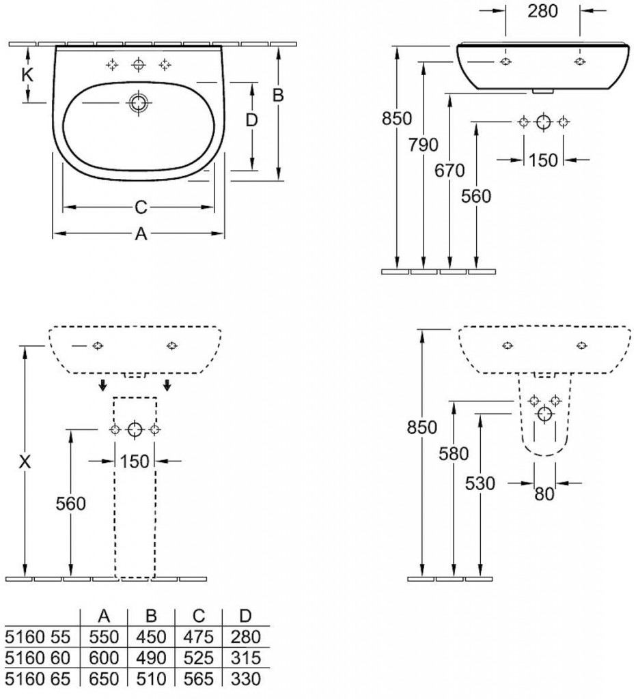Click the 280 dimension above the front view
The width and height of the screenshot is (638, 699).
pyautogui.click(x=543, y=11)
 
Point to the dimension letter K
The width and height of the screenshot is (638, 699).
pyautogui.click(x=27, y=75)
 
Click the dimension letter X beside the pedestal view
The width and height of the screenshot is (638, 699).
pyautogui.click(x=25, y=462)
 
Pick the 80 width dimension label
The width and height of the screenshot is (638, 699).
pyautogui.click(x=544, y=494)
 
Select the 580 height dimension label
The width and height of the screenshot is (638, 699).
pyautogui.click(x=454, y=453)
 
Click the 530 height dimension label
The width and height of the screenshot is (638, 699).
pyautogui.click(x=480, y=483)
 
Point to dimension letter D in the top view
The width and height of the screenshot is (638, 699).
pyautogui.click(x=251, y=121)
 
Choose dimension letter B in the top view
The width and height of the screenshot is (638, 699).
pyautogui.click(x=278, y=96)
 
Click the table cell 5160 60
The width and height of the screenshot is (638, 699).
pyautogui.click(x=38, y=658)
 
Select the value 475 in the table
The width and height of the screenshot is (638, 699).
pyautogui.click(x=199, y=637)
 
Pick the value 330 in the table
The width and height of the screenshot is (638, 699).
pyautogui.click(x=246, y=679)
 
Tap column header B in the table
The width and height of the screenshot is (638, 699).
pyautogui.click(x=152, y=616)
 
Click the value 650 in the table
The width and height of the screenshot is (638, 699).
pyautogui.click(x=104, y=679)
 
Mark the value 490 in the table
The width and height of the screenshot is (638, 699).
pyautogui.click(x=152, y=658)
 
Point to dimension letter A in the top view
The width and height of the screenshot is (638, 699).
pyautogui.click(x=140, y=234)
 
